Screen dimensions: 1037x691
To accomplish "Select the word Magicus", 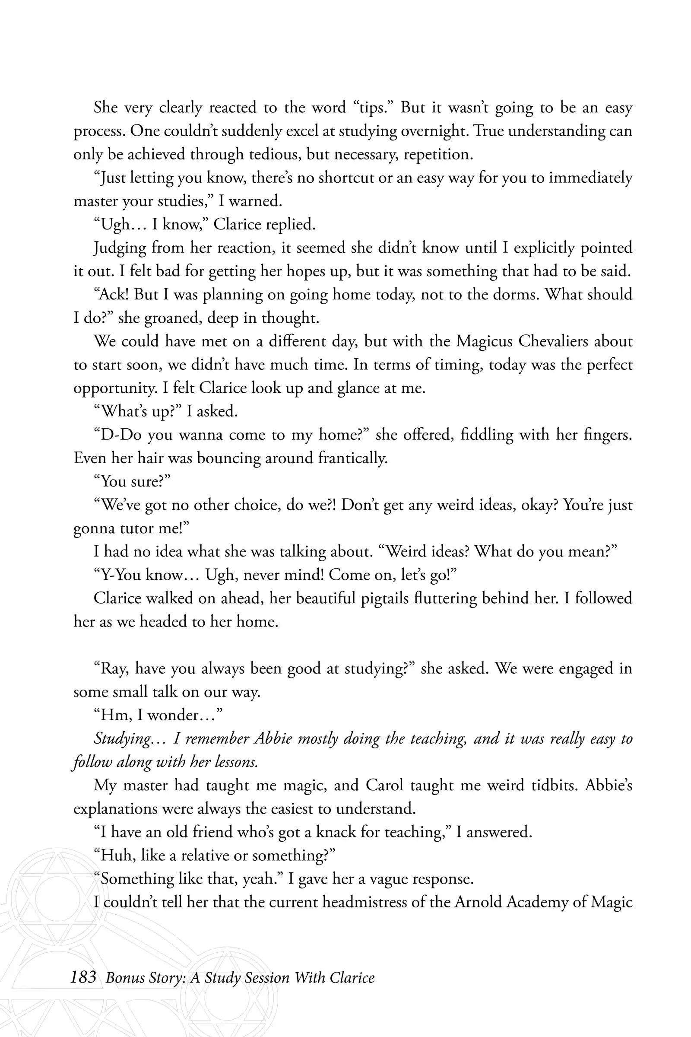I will pos(484,341).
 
